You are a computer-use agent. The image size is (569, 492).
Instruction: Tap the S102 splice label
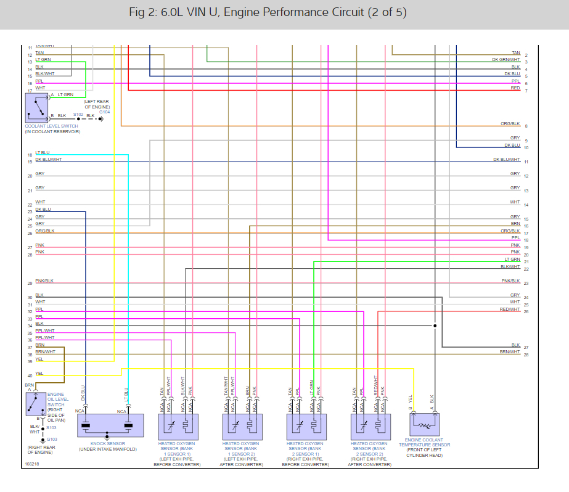click(78, 115)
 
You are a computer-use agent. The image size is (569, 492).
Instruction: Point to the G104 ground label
click(104, 112)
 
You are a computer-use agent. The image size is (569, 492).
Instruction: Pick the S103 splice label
click(51, 427)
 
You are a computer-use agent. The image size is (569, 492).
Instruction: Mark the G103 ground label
click(52, 439)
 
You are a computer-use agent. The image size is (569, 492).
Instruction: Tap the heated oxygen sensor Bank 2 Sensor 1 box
click(305, 425)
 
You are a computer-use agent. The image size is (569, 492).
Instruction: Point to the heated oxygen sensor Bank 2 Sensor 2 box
click(369, 425)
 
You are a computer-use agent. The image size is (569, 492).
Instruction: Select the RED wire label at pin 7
click(515, 88)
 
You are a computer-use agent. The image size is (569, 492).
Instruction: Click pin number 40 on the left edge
click(30, 375)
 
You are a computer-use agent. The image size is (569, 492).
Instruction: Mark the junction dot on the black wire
click(435, 326)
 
